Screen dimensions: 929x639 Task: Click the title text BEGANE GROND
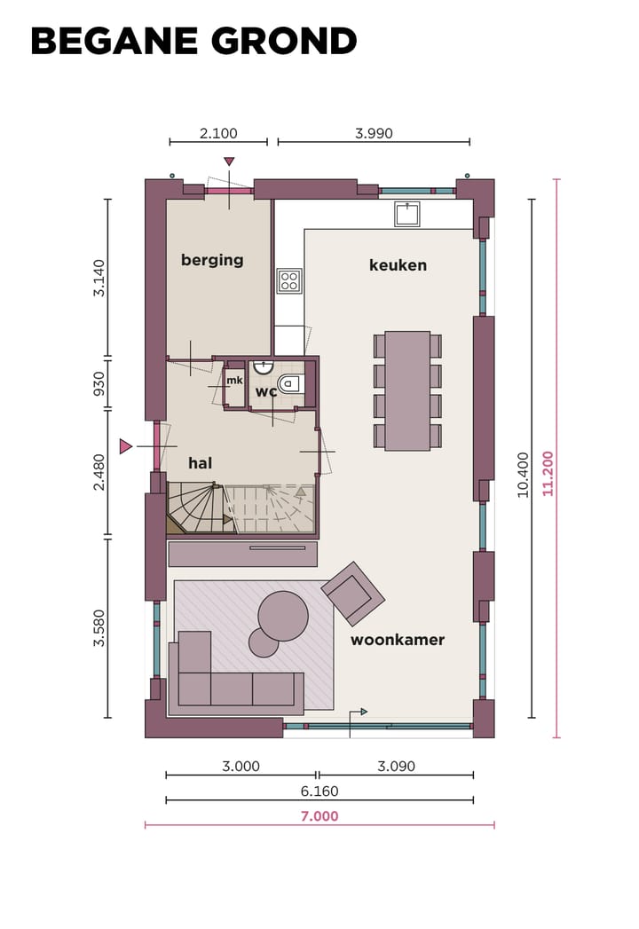(193, 42)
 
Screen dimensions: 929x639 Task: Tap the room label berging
(212, 260)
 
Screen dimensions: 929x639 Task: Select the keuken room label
(398, 265)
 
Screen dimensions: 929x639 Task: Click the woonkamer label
(397, 640)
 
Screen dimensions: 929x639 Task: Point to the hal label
(200, 463)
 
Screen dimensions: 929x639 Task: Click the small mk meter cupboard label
(234, 381)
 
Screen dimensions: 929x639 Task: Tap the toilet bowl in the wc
(291, 384)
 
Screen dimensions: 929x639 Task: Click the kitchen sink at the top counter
(407, 214)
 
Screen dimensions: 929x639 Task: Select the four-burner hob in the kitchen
(289, 281)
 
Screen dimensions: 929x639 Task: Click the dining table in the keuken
(407, 390)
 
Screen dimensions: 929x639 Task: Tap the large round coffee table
(283, 615)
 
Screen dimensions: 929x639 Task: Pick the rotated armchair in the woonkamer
(353, 594)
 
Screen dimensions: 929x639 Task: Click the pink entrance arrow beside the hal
(125, 446)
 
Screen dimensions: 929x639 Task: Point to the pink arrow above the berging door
(229, 161)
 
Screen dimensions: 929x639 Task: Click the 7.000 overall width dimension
(319, 816)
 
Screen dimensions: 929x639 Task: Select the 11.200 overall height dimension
(548, 473)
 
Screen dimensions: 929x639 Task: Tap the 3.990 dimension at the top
(374, 134)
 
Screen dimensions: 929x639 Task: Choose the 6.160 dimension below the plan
(319, 791)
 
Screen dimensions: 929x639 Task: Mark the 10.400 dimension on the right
(523, 475)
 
